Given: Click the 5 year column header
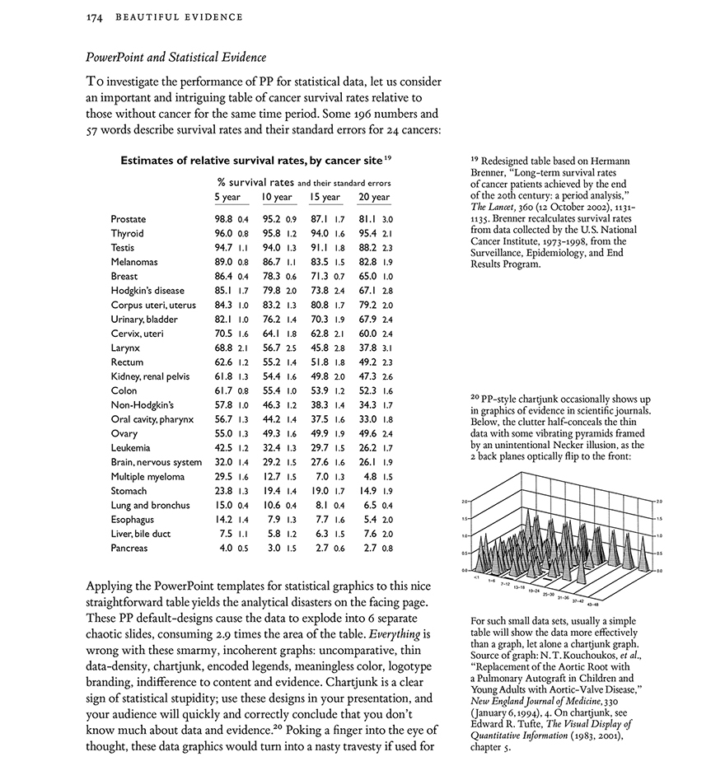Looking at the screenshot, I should (227, 198).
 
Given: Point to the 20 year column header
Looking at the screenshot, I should (374, 198).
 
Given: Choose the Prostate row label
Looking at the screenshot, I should (129, 220).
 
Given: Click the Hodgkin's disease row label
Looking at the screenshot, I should (147, 291).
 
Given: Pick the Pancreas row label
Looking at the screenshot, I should (129, 548).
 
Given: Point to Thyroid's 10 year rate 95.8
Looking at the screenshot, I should (272, 234).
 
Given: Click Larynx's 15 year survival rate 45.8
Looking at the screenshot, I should (320, 348).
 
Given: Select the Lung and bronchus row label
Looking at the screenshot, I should (150, 505).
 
